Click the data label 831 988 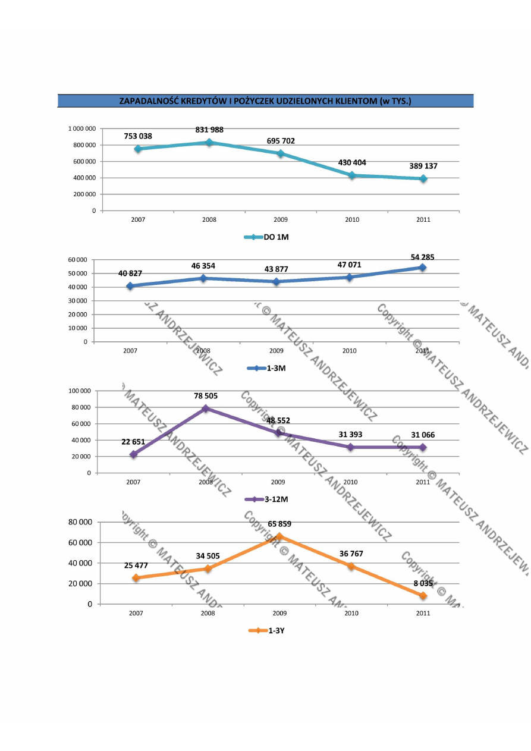(209, 130)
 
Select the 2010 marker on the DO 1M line (352, 175)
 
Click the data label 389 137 (423, 166)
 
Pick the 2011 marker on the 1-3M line (422, 268)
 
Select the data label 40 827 (130, 273)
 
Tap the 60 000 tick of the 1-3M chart (77, 260)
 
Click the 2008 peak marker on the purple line (206, 409)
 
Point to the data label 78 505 (206, 395)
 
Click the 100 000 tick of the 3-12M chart (79, 391)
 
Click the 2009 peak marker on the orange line (279, 536)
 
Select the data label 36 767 (351, 554)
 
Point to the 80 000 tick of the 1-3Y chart (81, 522)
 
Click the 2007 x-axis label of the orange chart (136, 613)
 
